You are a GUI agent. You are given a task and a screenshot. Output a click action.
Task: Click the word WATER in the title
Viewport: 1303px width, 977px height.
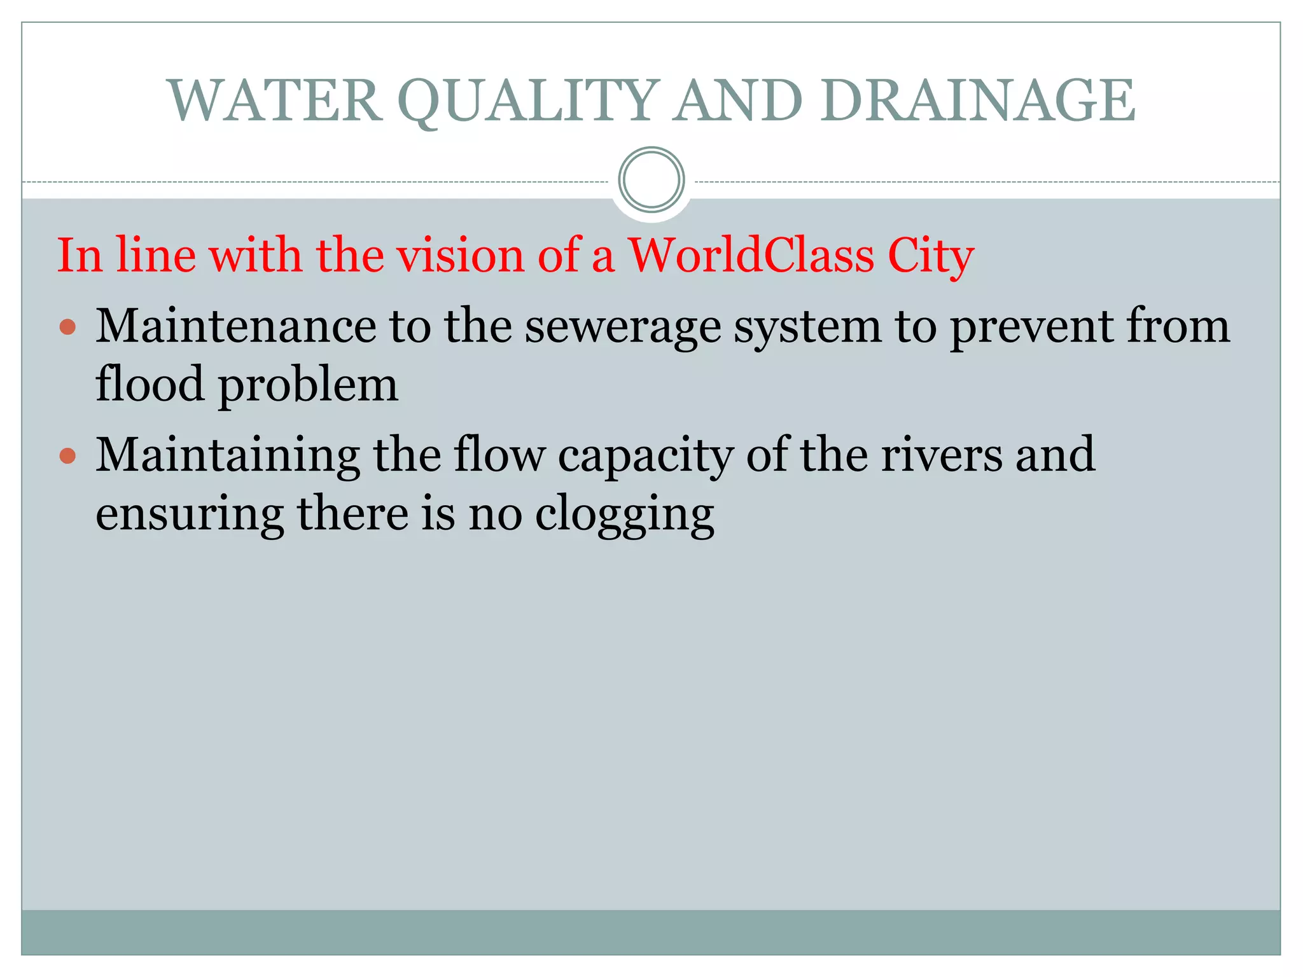point(275,100)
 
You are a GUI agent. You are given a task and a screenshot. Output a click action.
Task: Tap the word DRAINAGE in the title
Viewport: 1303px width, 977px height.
point(977,100)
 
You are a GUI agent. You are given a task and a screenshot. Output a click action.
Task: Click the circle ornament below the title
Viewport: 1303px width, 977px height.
point(651,180)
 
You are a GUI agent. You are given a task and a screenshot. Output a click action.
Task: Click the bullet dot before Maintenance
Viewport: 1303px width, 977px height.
point(67,328)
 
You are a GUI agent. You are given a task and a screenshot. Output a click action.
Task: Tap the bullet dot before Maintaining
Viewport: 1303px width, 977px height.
point(67,456)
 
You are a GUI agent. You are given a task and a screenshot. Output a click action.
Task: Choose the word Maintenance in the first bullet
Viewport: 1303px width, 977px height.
point(235,326)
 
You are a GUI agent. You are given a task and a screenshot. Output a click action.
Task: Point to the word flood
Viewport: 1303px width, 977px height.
point(150,385)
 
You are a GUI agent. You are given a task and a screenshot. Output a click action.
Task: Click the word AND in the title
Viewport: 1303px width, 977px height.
point(738,100)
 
